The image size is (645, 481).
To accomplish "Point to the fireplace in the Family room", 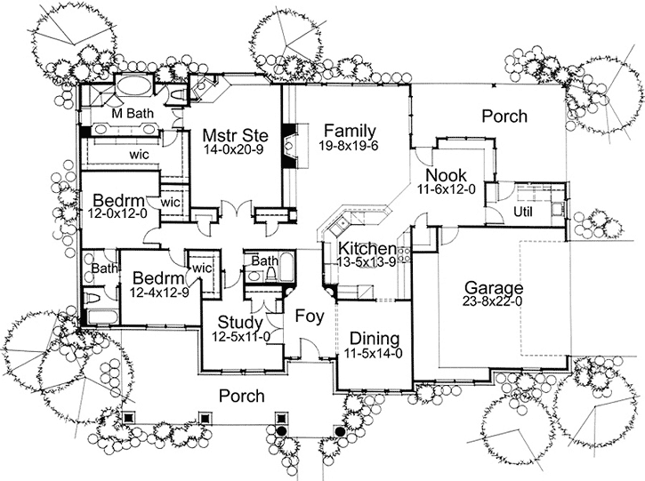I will click(289, 142).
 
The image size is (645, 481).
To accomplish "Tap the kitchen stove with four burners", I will click(406, 256).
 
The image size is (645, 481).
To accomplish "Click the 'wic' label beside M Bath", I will click(138, 154).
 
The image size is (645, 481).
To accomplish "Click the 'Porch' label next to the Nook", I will click(504, 116).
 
